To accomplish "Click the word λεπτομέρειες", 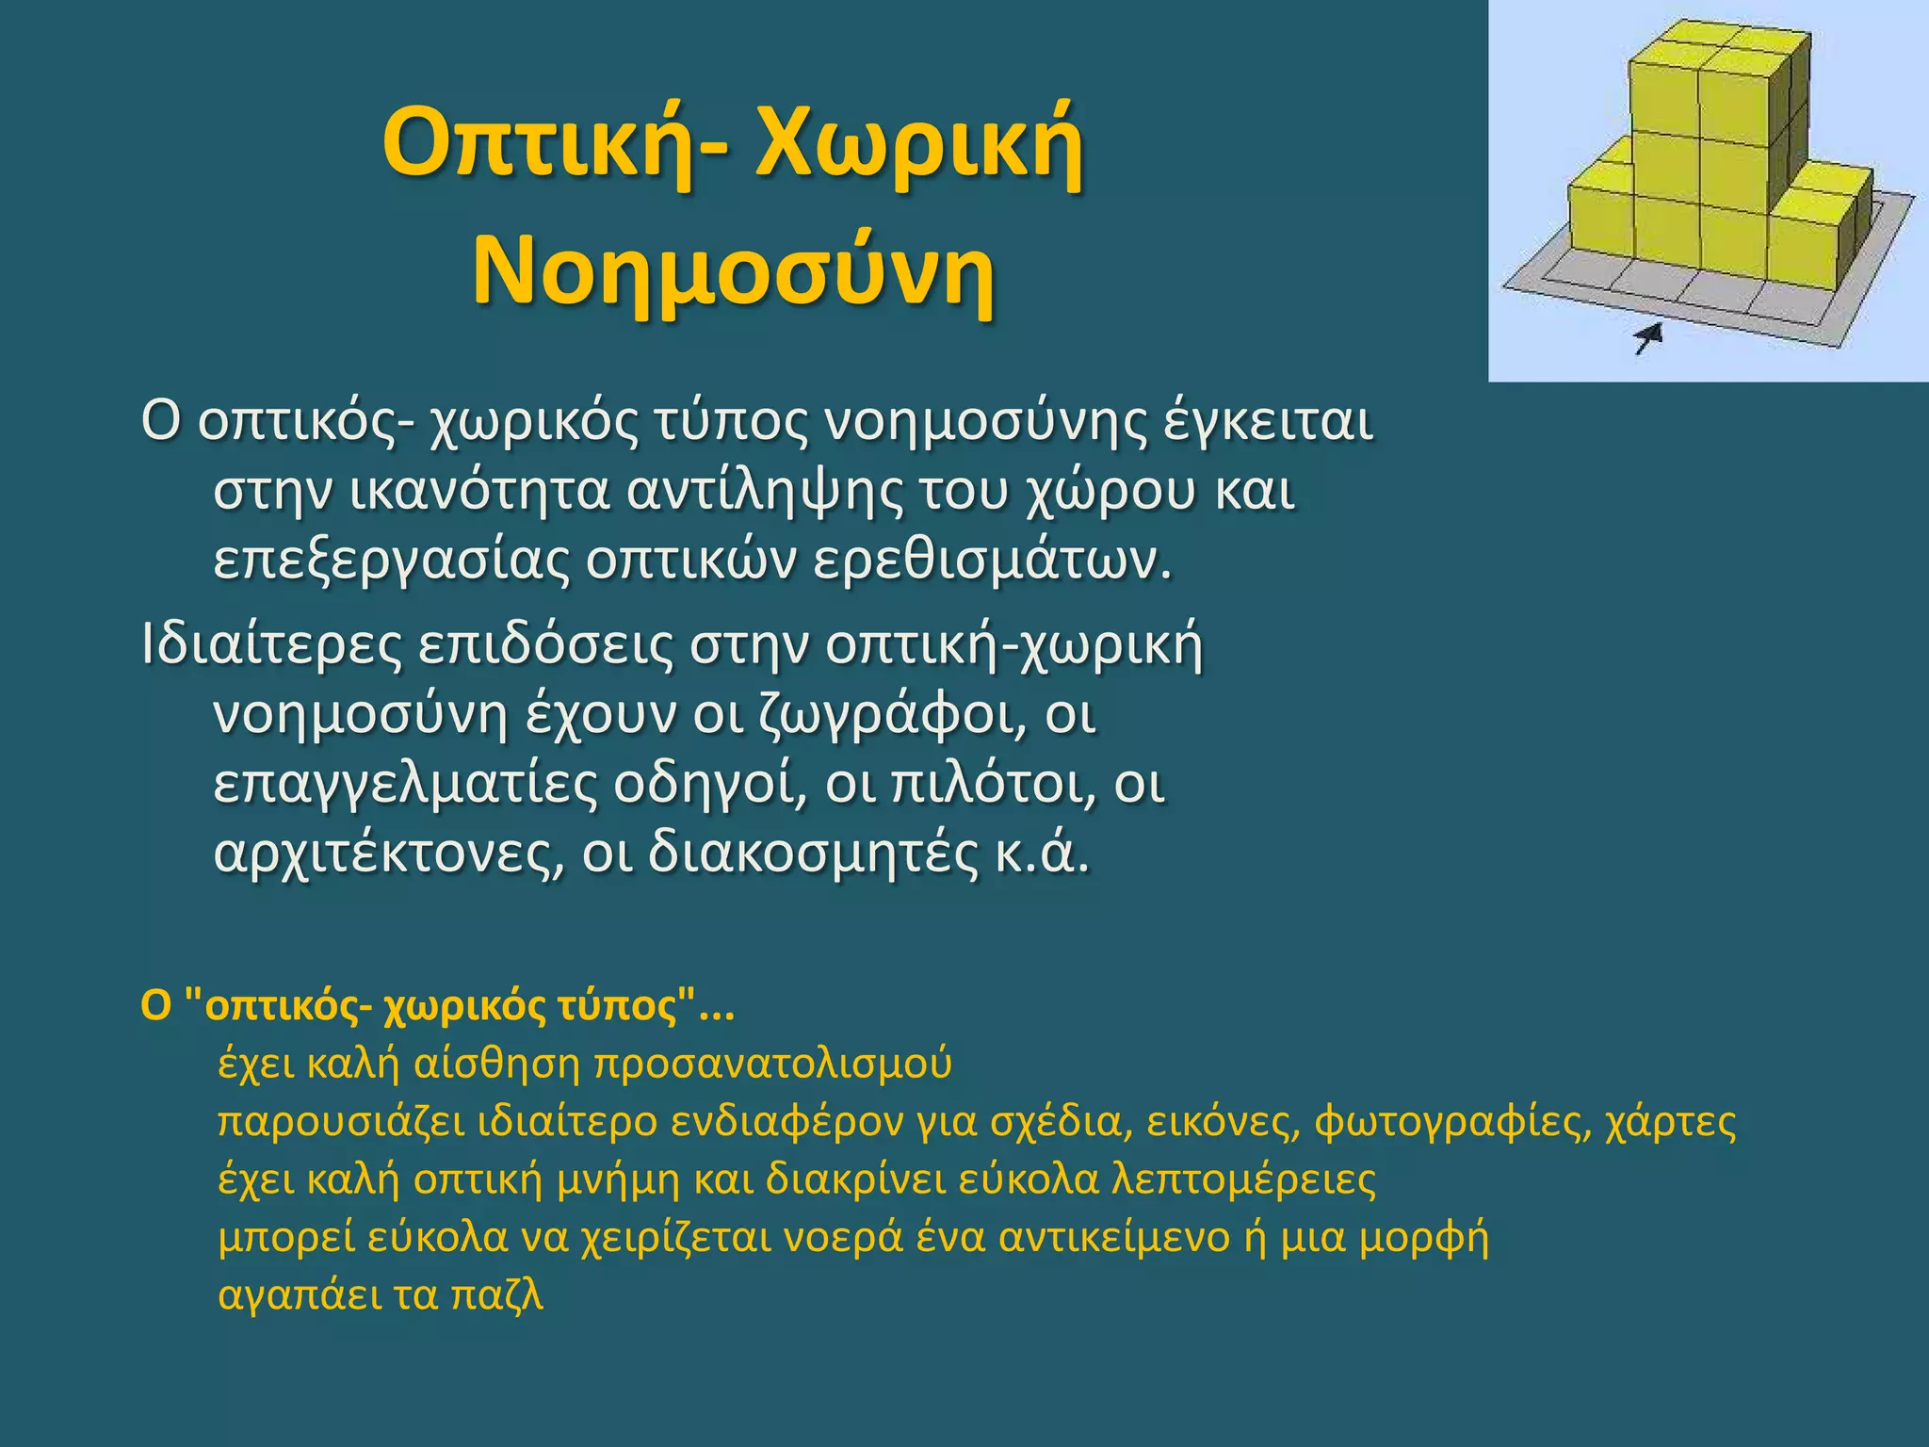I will pyautogui.click(x=1243, y=1179).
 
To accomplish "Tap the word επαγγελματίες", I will pyautogui.click(x=405, y=784).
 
